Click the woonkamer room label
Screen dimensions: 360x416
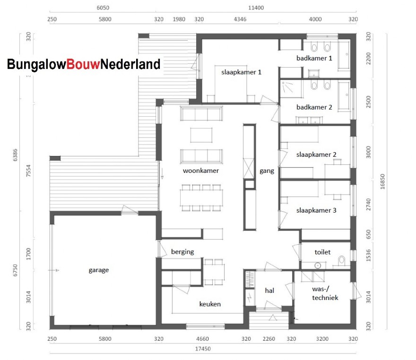click(x=201, y=171)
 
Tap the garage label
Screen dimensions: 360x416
click(x=98, y=270)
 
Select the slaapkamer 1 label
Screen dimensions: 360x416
click(x=241, y=72)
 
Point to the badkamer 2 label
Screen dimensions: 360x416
click(x=314, y=107)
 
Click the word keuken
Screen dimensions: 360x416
click(x=209, y=304)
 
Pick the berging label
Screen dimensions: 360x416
click(x=182, y=252)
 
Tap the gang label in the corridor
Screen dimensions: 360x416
click(x=267, y=171)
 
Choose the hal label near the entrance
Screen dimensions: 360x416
click(x=269, y=291)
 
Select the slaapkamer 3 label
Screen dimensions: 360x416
click(x=316, y=210)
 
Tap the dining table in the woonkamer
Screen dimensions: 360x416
click(x=201, y=198)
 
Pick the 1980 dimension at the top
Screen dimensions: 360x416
click(x=179, y=19)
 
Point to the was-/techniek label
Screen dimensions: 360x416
click(x=325, y=292)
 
